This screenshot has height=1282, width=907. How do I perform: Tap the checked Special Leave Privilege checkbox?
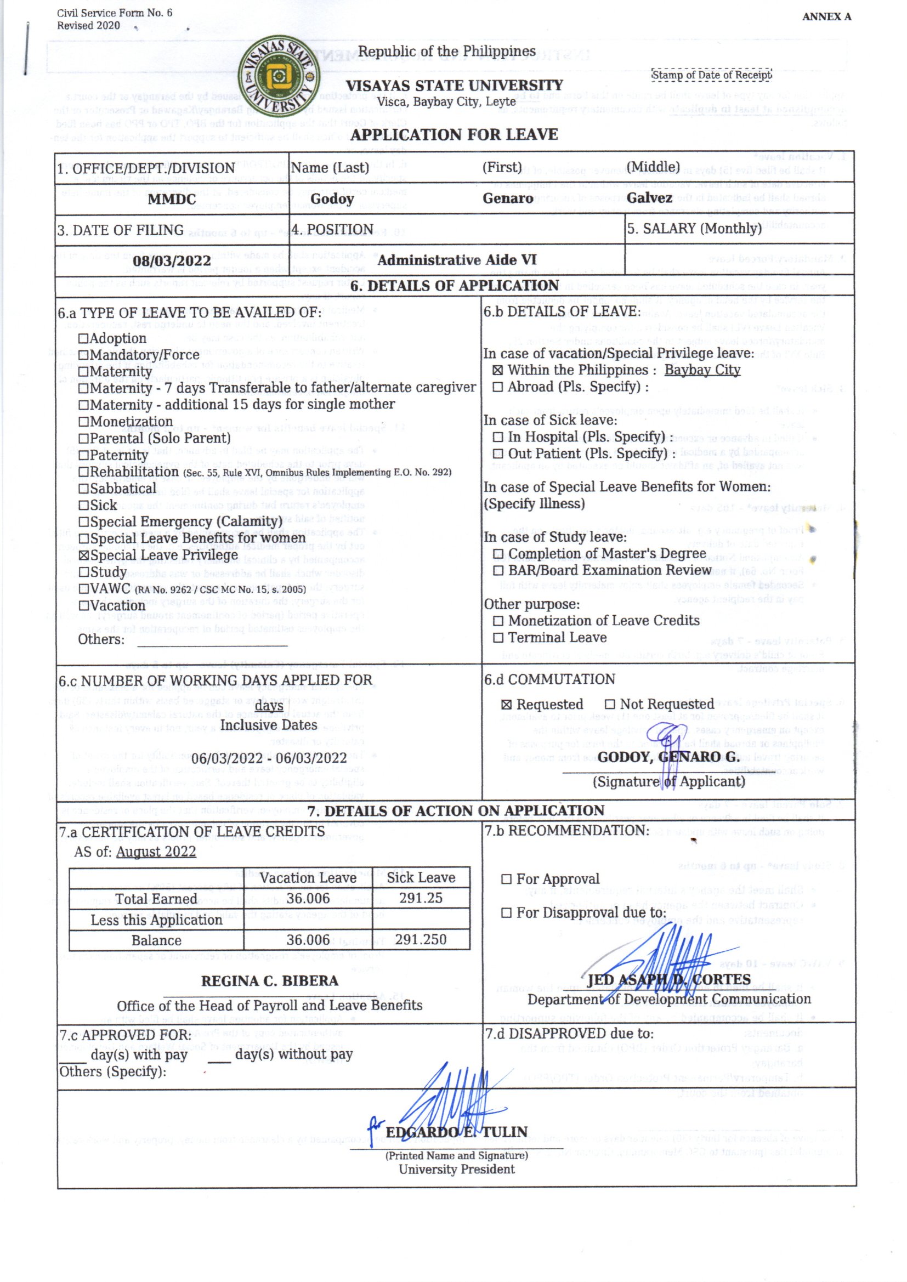pyautogui.click(x=84, y=555)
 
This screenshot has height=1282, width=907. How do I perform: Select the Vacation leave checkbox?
pyautogui.click(x=84, y=606)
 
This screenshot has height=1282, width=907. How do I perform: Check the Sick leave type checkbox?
pyautogui.click(x=84, y=506)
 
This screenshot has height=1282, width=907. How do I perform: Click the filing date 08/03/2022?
pyautogui.click(x=172, y=261)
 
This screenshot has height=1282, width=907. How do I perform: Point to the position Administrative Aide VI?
pyautogui.click(x=457, y=260)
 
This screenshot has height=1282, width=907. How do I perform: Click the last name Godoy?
pyautogui.click(x=332, y=199)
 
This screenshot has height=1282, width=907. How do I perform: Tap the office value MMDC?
pyautogui.click(x=172, y=200)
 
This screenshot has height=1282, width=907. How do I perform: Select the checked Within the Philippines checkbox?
pyautogui.click(x=497, y=370)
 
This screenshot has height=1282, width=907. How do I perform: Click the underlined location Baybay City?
pyautogui.click(x=702, y=370)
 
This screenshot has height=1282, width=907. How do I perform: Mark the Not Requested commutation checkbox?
pyautogui.click(x=610, y=705)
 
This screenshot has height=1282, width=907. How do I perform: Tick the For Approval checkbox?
pyautogui.click(x=507, y=880)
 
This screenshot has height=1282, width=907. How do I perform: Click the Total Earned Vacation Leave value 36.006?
pyautogui.click(x=308, y=898)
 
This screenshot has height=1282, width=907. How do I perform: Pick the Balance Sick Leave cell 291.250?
pyautogui.click(x=421, y=940)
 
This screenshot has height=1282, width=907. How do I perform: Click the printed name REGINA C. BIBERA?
pyautogui.click(x=270, y=981)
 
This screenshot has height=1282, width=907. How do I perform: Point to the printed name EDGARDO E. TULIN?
pyautogui.click(x=456, y=1132)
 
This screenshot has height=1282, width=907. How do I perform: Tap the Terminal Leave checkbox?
pyautogui.click(x=498, y=638)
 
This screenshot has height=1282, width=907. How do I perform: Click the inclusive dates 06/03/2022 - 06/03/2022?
pyautogui.click(x=269, y=758)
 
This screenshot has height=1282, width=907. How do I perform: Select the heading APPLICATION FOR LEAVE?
pyautogui.click(x=454, y=134)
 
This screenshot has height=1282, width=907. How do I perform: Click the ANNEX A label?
pyautogui.click(x=826, y=17)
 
